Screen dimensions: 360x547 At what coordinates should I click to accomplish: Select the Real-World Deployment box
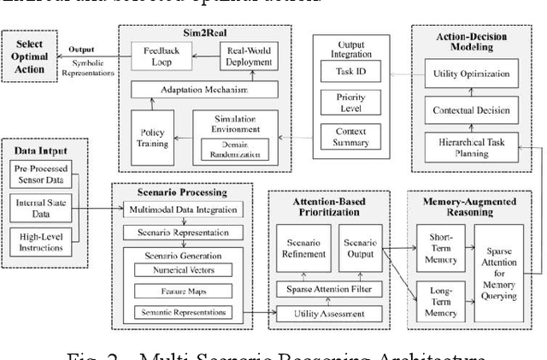click(x=247, y=58)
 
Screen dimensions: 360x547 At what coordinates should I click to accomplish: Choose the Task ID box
click(x=348, y=74)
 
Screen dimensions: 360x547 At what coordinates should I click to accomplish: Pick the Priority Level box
click(x=348, y=103)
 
